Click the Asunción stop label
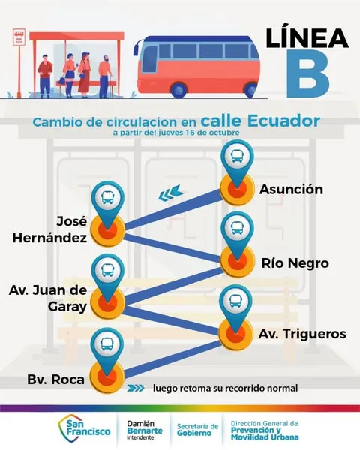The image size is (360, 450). (292, 190)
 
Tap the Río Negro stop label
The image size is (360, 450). (295, 263)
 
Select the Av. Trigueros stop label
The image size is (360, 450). (302, 334)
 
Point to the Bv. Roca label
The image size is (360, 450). (56, 379)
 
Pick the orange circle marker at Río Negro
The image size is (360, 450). (238, 261)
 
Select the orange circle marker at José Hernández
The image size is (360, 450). (108, 230)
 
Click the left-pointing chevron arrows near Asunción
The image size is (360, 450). (171, 193)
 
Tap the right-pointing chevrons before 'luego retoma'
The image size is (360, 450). (136, 388)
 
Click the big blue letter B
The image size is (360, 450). (307, 73)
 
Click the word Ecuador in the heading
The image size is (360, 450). (283, 121)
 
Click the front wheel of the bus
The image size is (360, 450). (178, 89)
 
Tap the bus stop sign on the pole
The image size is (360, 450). (19, 37)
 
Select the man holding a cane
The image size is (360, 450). (106, 77)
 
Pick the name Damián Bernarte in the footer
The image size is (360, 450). (145, 427)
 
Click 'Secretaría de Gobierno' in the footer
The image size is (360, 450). (197, 430)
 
